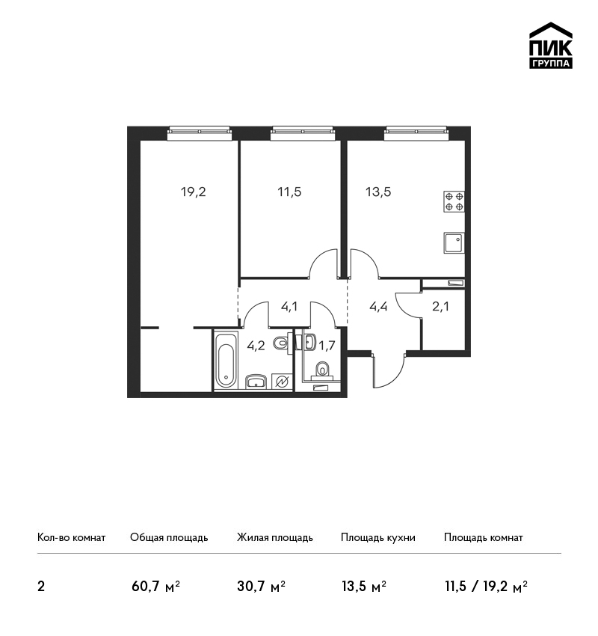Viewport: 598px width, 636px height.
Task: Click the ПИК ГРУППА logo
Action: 551,46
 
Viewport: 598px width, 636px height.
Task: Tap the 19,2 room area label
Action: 194,192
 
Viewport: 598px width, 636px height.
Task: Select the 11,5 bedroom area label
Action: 289,192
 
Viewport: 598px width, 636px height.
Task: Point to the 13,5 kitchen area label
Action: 378,192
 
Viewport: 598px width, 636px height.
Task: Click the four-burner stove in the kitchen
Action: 454,201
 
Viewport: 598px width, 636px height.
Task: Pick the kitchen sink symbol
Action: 454,242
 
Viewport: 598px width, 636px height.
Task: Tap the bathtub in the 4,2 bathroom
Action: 225,360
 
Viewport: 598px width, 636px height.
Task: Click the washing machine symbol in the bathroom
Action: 282,382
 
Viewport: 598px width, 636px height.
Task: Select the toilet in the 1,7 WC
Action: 322,370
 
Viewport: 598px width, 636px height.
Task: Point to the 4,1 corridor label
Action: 289,307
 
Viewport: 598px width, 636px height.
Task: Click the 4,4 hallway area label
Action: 378,307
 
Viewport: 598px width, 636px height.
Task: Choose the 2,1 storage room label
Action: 440,307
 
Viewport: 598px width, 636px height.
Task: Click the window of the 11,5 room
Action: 303,133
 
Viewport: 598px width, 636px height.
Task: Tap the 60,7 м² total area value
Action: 155,586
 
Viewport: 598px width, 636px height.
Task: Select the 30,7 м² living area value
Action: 262,586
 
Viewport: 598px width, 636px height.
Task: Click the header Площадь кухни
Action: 378,537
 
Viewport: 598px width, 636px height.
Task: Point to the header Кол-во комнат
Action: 71,537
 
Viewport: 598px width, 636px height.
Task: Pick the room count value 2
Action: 41,587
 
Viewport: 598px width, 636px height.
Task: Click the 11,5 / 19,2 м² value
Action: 486,586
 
